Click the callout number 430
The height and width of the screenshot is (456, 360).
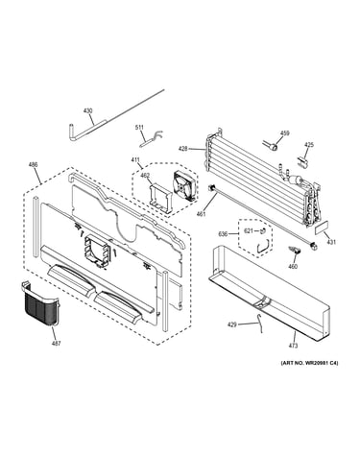87,111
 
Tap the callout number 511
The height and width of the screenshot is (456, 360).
139,128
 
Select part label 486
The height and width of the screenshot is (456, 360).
33,164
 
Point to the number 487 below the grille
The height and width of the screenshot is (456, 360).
57,344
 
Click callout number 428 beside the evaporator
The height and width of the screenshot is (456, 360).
182,149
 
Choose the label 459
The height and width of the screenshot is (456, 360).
284,133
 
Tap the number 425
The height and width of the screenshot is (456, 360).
309,145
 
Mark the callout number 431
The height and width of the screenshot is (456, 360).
331,242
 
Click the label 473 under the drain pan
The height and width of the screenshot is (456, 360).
293,346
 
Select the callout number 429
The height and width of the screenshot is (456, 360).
232,325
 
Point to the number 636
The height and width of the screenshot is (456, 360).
223,234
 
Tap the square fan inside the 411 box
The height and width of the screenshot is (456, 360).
183,186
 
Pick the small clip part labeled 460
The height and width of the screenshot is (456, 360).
294,251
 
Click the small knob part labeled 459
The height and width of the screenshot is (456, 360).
272,146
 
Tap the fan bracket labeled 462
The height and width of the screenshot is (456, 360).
159,197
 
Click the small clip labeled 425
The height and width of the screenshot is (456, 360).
303,162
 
